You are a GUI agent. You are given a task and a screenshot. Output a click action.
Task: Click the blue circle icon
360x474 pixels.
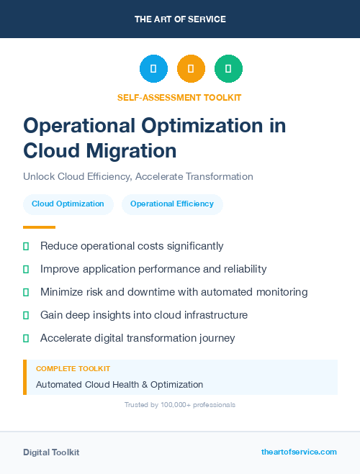pos(153,68)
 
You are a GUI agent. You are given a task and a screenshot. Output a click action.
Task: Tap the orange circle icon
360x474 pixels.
pos(191,68)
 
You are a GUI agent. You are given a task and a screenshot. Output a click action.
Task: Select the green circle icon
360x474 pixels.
pos(228,68)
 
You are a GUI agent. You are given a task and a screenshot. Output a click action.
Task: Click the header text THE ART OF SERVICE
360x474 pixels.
pos(180,19)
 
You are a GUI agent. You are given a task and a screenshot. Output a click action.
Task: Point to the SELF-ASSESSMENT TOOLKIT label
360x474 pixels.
pos(179,97)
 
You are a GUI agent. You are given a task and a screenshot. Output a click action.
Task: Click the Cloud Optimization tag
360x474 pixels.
pos(68,204)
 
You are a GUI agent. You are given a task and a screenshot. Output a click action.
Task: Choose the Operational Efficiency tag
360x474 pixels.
pos(172,204)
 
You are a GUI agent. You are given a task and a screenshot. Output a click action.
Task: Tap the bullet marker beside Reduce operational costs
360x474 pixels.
pos(26,246)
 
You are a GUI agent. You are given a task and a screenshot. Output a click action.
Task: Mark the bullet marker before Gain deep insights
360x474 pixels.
pos(26,315)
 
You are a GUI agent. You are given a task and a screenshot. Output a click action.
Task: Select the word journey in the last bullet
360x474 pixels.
pos(217,338)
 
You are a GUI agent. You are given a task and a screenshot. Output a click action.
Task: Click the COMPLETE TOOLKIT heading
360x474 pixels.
pos(73,368)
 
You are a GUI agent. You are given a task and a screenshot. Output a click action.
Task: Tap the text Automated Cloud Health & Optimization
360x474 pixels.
pos(120,385)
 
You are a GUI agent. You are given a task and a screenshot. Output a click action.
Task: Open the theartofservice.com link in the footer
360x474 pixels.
pos(299,452)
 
